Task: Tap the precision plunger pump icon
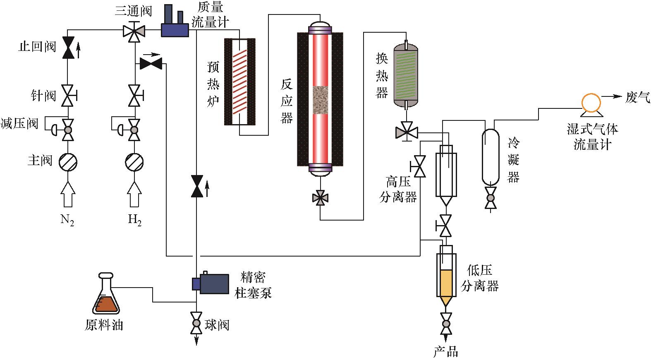click(x=211, y=283)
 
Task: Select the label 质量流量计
click(x=210, y=14)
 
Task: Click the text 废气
click(x=637, y=97)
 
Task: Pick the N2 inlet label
click(x=67, y=219)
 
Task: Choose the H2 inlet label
click(x=135, y=219)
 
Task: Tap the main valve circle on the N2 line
click(x=68, y=162)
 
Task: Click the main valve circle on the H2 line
click(x=134, y=162)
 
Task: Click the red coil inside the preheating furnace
click(x=240, y=82)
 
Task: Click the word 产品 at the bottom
click(x=446, y=352)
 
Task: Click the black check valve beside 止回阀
click(x=68, y=48)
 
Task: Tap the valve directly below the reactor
click(x=320, y=198)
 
